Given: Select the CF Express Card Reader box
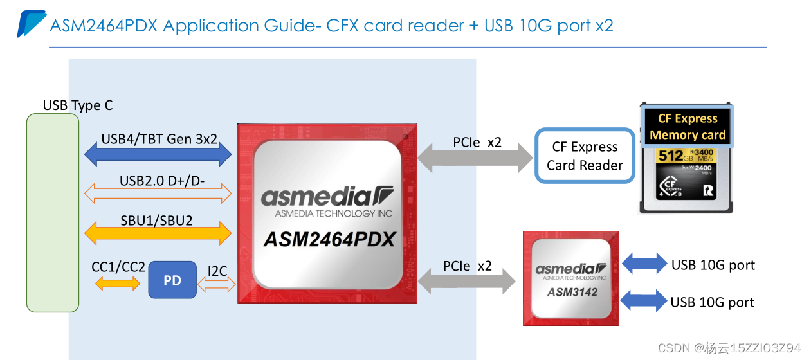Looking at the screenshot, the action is pyautogui.click(x=584, y=156).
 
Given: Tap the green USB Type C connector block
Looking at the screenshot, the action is pyautogui.click(x=52, y=212).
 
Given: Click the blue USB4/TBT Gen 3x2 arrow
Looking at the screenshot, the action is pyautogui.click(x=158, y=154).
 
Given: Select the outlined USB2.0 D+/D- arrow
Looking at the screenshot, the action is pyautogui.click(x=158, y=192).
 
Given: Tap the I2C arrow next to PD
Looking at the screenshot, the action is pyautogui.click(x=217, y=285).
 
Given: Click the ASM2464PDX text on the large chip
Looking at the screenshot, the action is pyautogui.click(x=329, y=239).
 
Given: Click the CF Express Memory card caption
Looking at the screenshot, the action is pyautogui.click(x=687, y=127).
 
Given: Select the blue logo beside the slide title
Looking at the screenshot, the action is pyautogui.click(x=30, y=24).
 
